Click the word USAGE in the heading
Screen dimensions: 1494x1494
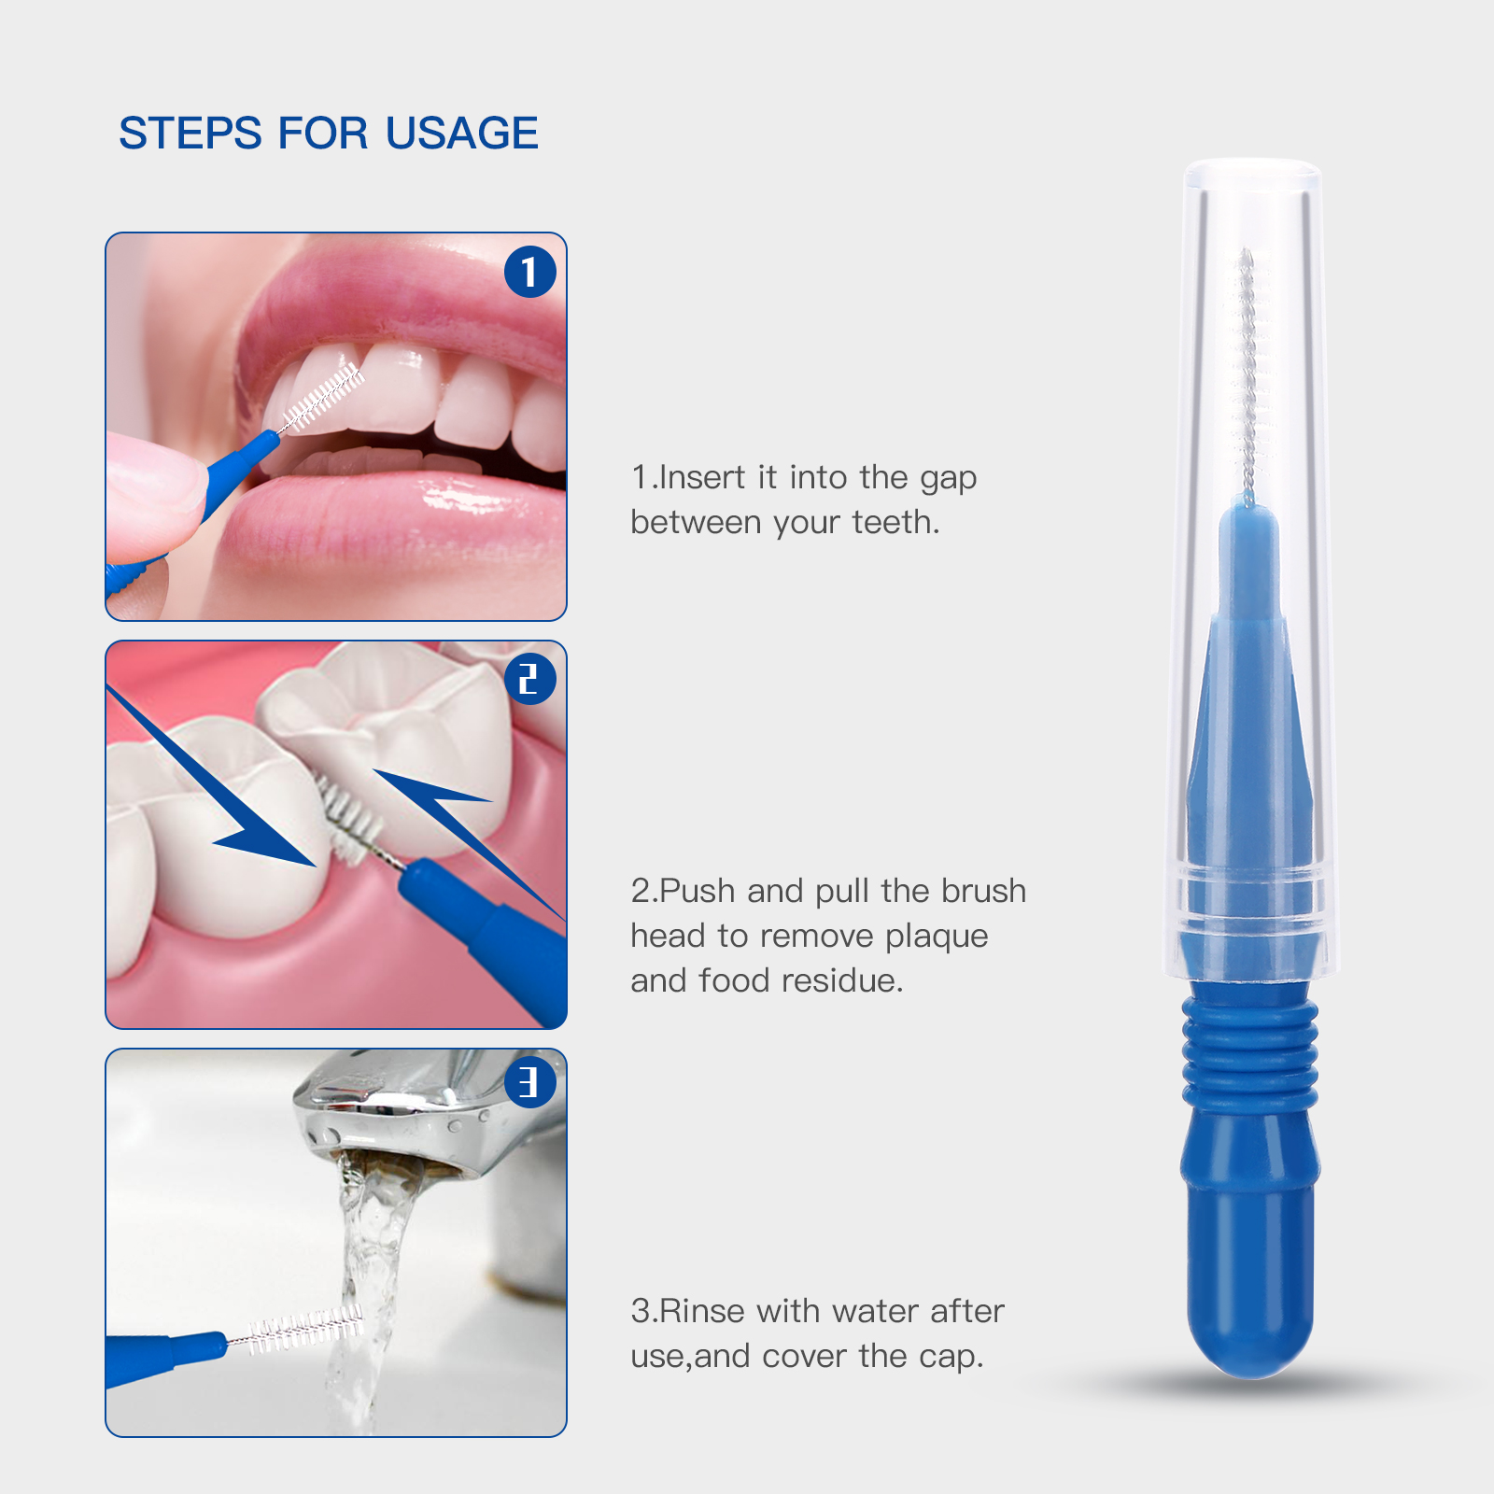[461, 134]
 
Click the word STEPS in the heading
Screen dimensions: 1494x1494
[190, 134]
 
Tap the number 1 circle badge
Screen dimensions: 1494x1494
[529, 272]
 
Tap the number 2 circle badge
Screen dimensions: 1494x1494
[529, 679]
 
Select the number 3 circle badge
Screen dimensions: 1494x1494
[529, 1082]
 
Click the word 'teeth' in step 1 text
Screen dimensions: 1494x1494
[893, 522]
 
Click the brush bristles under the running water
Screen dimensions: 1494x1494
[304, 1329]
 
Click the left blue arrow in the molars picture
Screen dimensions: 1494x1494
[233, 803]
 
